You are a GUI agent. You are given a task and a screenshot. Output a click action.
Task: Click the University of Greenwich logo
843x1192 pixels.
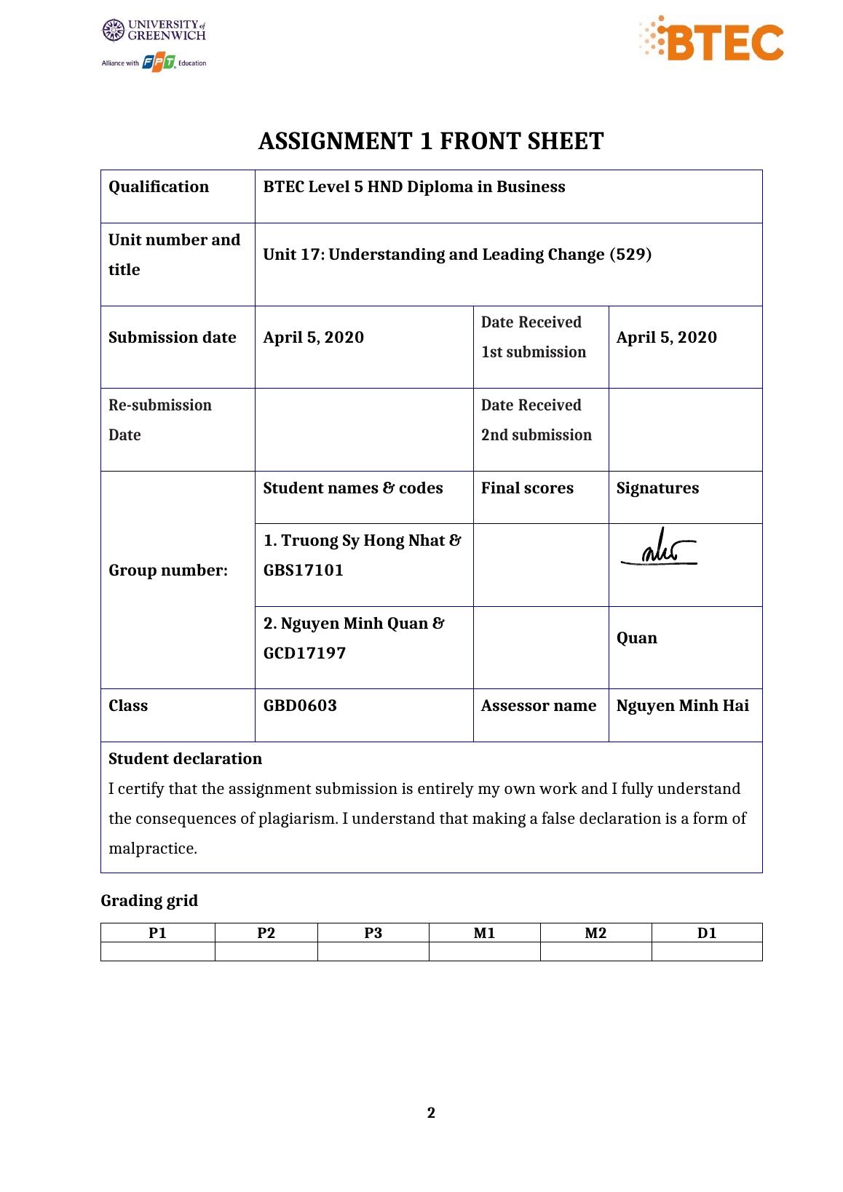[x=154, y=31]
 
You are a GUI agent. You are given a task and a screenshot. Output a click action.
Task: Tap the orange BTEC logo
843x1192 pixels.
[x=712, y=41]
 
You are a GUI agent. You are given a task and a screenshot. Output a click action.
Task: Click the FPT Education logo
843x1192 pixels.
[x=159, y=63]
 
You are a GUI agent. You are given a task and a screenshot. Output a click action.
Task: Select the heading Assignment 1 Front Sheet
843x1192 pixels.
[x=431, y=141]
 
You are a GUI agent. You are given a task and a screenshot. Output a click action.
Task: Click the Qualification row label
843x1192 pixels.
[x=159, y=187]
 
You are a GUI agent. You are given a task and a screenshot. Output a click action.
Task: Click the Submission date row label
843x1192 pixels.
[x=173, y=338]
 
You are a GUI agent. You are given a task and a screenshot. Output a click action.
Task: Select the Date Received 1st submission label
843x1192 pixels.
[x=533, y=338]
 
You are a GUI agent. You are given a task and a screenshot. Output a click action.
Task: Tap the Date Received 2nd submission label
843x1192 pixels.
[x=536, y=420]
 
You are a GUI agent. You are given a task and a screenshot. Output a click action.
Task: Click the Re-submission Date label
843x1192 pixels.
[x=160, y=420]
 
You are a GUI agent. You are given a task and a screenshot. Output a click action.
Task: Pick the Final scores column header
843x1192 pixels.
[x=527, y=488]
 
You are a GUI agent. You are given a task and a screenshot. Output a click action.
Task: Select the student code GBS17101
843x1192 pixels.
[x=304, y=571]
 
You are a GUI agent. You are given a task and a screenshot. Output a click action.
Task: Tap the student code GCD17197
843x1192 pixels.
[x=304, y=653]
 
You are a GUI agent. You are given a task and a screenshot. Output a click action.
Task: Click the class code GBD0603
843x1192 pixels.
[x=300, y=706]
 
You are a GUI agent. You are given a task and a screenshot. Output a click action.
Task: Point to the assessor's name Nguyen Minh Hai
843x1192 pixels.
[x=682, y=706]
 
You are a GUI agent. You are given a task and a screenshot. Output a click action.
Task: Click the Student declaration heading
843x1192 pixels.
[x=185, y=759]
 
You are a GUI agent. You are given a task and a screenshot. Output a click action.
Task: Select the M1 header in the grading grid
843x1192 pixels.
[x=484, y=933]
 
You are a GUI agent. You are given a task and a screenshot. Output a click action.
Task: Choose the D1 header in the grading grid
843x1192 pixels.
[x=706, y=933]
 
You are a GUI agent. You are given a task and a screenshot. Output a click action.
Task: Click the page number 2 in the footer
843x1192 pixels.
[x=431, y=1113]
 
